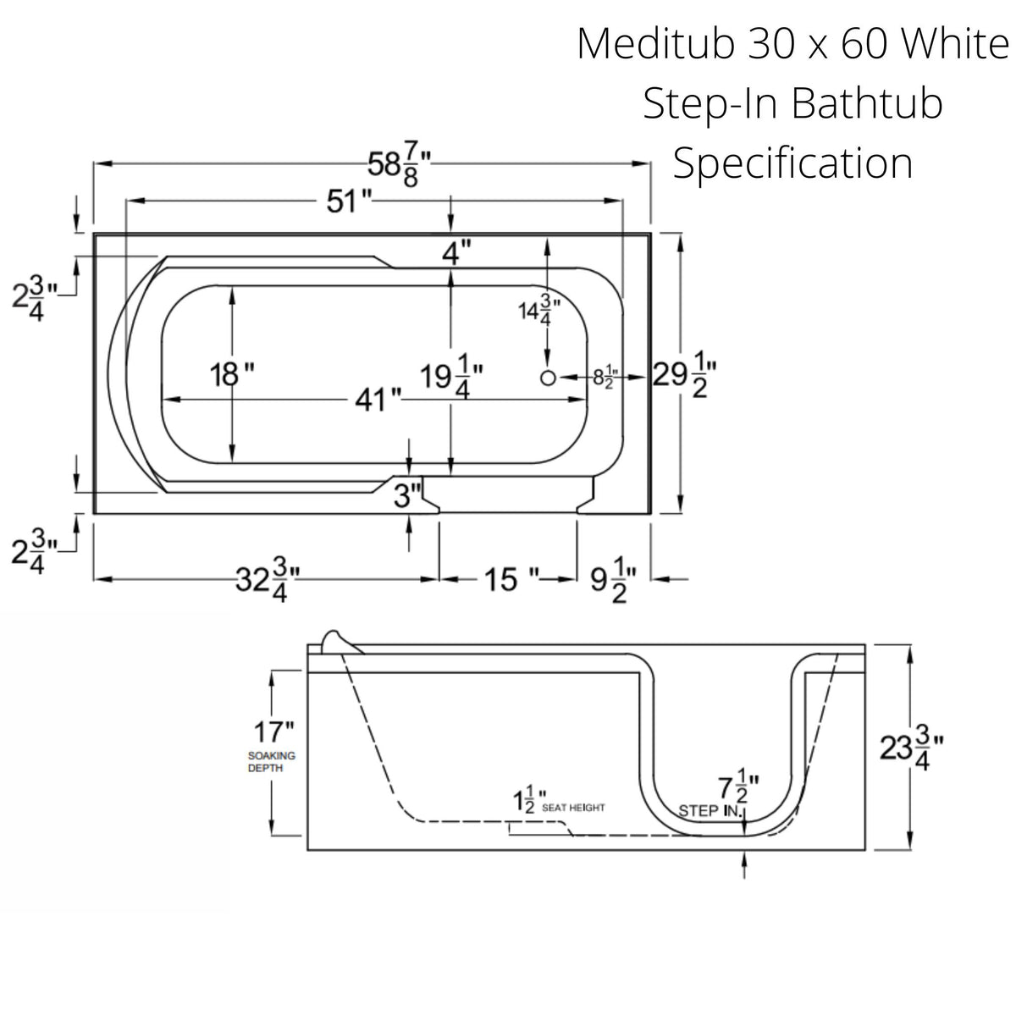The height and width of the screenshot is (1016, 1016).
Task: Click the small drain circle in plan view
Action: [548, 378]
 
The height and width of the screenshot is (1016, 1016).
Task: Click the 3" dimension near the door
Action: [408, 496]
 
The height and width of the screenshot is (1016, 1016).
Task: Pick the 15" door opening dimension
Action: [506, 580]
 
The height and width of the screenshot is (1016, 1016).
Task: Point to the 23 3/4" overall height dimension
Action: [912, 749]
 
